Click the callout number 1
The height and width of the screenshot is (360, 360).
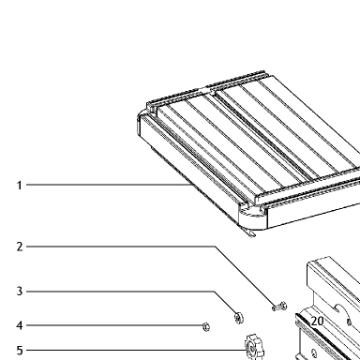(20, 186)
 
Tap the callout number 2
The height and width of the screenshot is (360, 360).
(20, 247)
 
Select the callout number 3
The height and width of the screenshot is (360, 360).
(20, 292)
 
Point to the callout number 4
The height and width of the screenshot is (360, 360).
(20, 325)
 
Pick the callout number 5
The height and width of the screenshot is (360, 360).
(20, 351)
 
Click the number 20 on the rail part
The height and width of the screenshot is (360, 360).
(317, 322)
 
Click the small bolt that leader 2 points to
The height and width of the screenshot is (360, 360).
(279, 307)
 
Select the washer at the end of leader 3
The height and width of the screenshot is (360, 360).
(239, 318)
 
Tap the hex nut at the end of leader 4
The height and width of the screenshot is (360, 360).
(206, 327)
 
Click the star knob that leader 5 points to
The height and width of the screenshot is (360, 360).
(254, 347)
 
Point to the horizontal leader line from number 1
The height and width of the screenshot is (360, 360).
(109, 185)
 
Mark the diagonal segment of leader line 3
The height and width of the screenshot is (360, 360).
(225, 303)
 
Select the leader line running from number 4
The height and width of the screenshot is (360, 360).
(114, 325)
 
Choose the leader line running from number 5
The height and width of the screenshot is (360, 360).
(136, 350)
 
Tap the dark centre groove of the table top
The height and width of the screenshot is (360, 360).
(264, 137)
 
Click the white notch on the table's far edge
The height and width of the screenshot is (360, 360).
(206, 90)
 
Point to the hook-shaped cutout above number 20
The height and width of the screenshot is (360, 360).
(340, 309)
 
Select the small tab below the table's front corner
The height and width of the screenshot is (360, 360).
(251, 233)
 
